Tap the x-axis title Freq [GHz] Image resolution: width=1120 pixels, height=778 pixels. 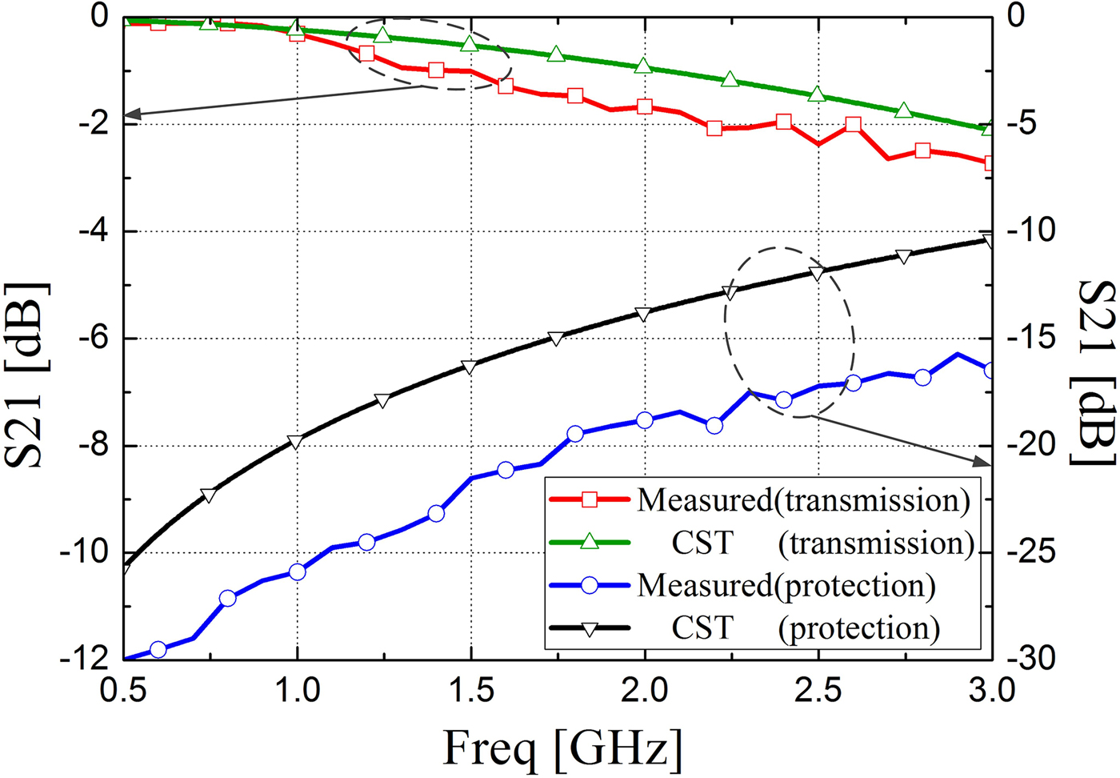pos(562,749)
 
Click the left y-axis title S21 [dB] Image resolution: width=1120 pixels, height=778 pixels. pos(27,375)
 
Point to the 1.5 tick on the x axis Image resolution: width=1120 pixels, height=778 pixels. pos(470,689)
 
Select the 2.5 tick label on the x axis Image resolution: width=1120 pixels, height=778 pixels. pos(818,689)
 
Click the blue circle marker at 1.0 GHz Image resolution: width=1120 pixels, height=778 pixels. pos(297,571)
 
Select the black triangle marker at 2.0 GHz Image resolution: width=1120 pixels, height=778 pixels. pos(645,313)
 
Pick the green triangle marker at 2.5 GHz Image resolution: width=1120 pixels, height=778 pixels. pos(817,94)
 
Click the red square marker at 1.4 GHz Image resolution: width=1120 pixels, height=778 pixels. pos(436,70)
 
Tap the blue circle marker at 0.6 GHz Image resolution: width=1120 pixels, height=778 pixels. pos(158,649)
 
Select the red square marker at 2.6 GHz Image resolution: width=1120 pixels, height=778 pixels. pos(854,125)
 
